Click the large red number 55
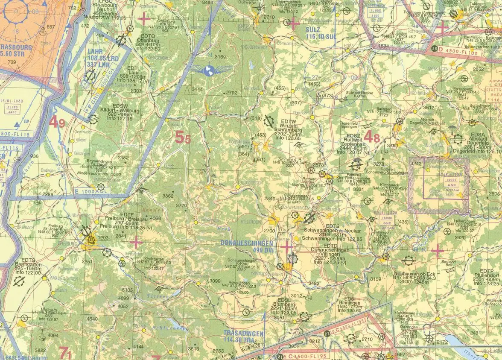(183, 138)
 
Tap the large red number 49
(57, 123)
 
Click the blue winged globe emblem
(209, 70)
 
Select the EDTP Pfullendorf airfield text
(486, 277)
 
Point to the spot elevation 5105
(127, 290)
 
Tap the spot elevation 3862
(168, 196)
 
